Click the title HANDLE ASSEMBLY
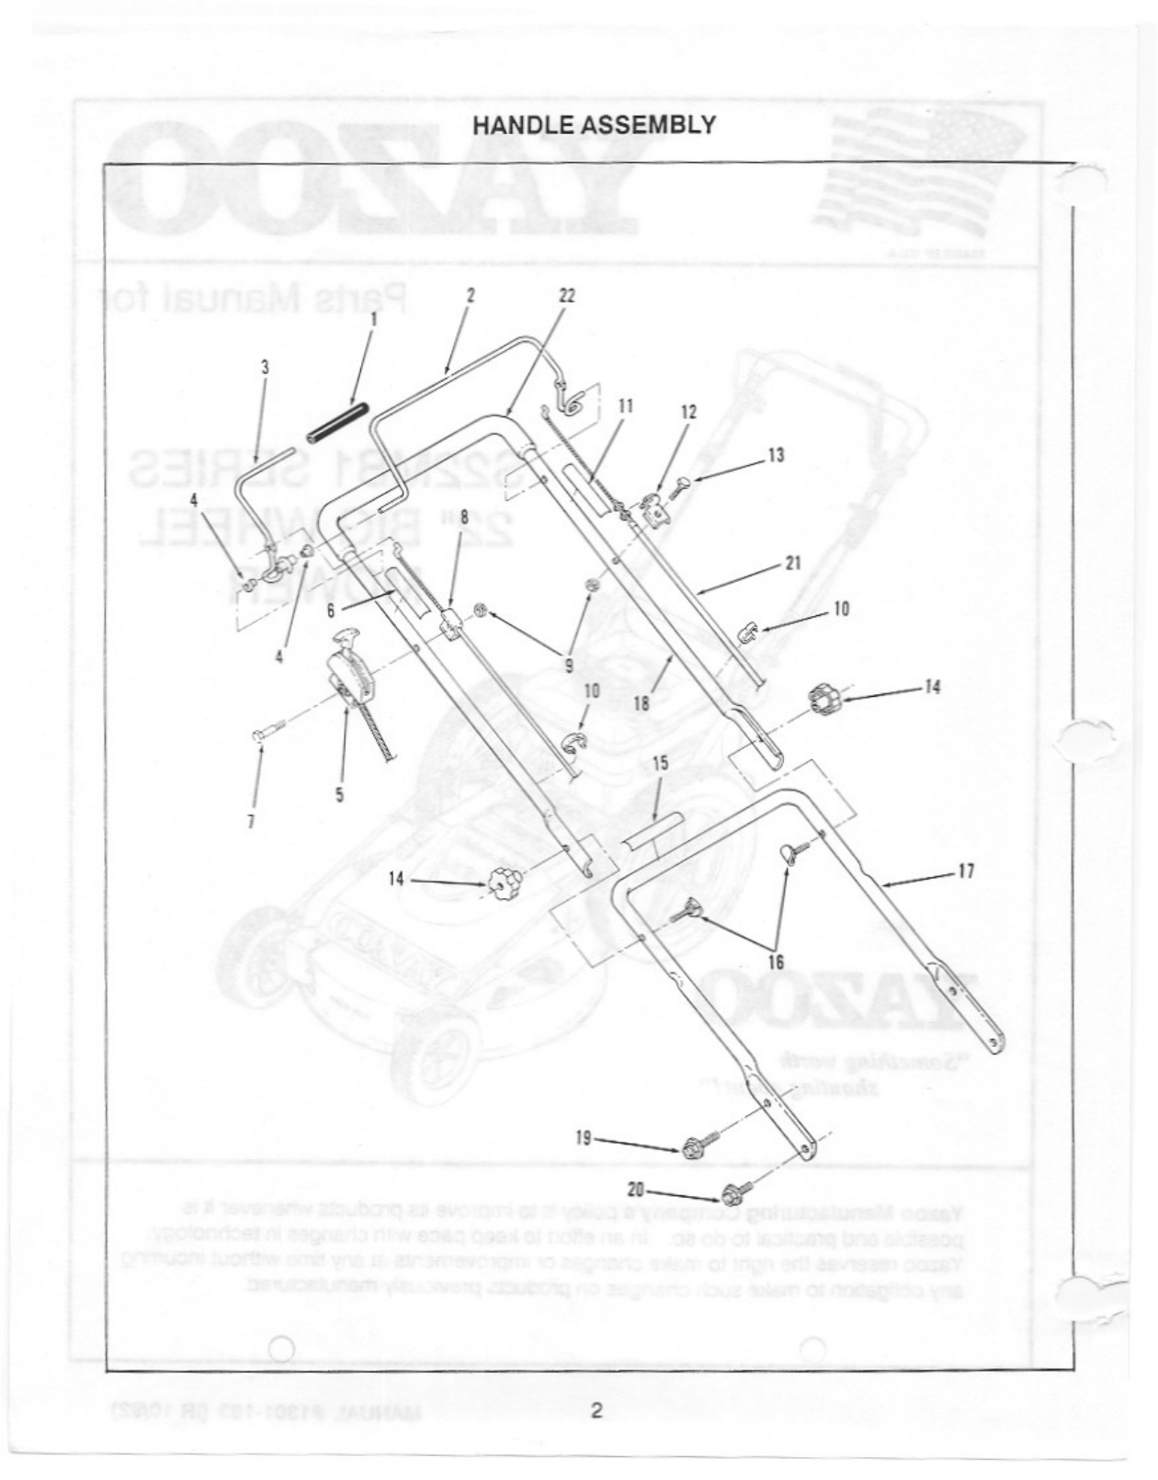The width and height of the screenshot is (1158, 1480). point(594,126)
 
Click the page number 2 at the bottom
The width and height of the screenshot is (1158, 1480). point(596,1410)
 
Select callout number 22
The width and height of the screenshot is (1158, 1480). point(567,295)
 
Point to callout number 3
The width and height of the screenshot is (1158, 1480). point(265,366)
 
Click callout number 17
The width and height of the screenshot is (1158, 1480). point(966,870)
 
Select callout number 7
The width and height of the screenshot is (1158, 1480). point(251,821)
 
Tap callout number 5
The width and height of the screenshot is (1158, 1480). point(340,794)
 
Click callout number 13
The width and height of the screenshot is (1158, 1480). point(776,454)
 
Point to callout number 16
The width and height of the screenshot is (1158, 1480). point(776,962)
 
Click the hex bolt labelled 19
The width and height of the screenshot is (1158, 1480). point(696,1146)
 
